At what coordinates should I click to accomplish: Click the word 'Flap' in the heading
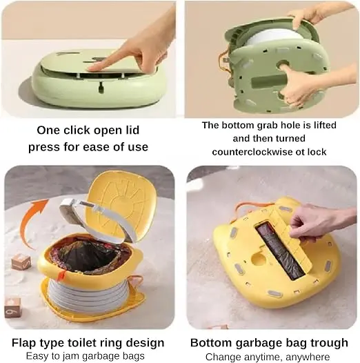point(25,343)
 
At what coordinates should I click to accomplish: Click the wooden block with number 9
point(12,307)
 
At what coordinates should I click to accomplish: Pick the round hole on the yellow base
point(258,259)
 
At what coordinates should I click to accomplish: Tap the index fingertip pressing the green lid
point(92,68)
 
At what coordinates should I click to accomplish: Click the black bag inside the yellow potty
point(87,257)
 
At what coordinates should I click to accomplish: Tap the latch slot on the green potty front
point(101,88)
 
